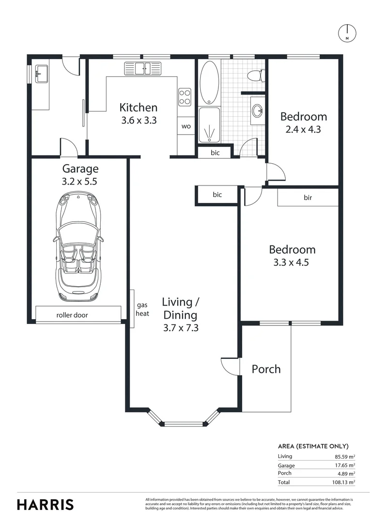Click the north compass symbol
click(x=347, y=33)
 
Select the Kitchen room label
click(x=138, y=108)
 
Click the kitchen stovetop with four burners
click(x=185, y=97)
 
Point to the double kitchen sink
click(x=143, y=68)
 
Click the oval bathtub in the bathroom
click(x=209, y=82)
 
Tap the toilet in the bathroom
click(x=256, y=76)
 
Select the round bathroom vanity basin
click(x=257, y=110)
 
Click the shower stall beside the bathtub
click(x=209, y=125)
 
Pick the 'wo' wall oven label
click(x=186, y=126)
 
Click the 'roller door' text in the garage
click(x=72, y=315)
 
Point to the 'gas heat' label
click(x=142, y=309)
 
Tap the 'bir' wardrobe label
click(x=308, y=198)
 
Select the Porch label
click(x=266, y=369)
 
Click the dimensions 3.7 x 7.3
click(x=181, y=328)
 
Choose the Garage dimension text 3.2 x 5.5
click(x=79, y=182)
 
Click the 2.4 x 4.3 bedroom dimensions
click(x=303, y=129)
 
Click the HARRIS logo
click(x=46, y=505)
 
